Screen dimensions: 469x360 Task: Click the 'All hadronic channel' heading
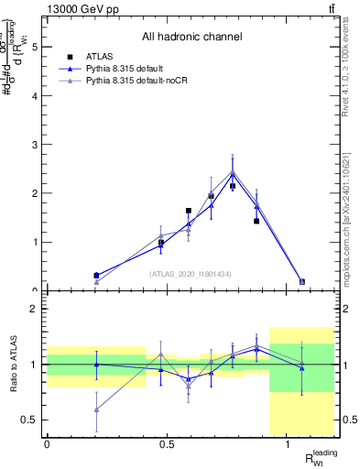tap(191, 37)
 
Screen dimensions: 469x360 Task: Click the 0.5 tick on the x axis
tap(167, 444)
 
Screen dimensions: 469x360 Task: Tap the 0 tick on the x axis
tap(47, 444)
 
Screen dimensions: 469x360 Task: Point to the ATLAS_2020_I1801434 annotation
tap(191, 274)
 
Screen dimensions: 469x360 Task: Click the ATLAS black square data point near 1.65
tap(189, 211)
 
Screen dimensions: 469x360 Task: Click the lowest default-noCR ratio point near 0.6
tap(96, 409)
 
